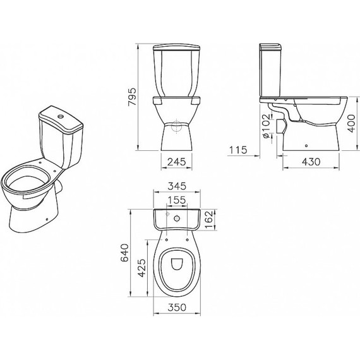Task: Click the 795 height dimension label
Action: [133, 97]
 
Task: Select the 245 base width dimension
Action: [176, 162]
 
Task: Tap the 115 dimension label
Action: [238, 150]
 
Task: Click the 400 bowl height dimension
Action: [352, 124]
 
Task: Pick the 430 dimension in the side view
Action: [311, 162]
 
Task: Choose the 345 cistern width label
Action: [177, 186]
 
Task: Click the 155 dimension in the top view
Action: [176, 200]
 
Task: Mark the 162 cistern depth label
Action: [209, 220]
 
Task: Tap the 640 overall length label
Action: [125, 253]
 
